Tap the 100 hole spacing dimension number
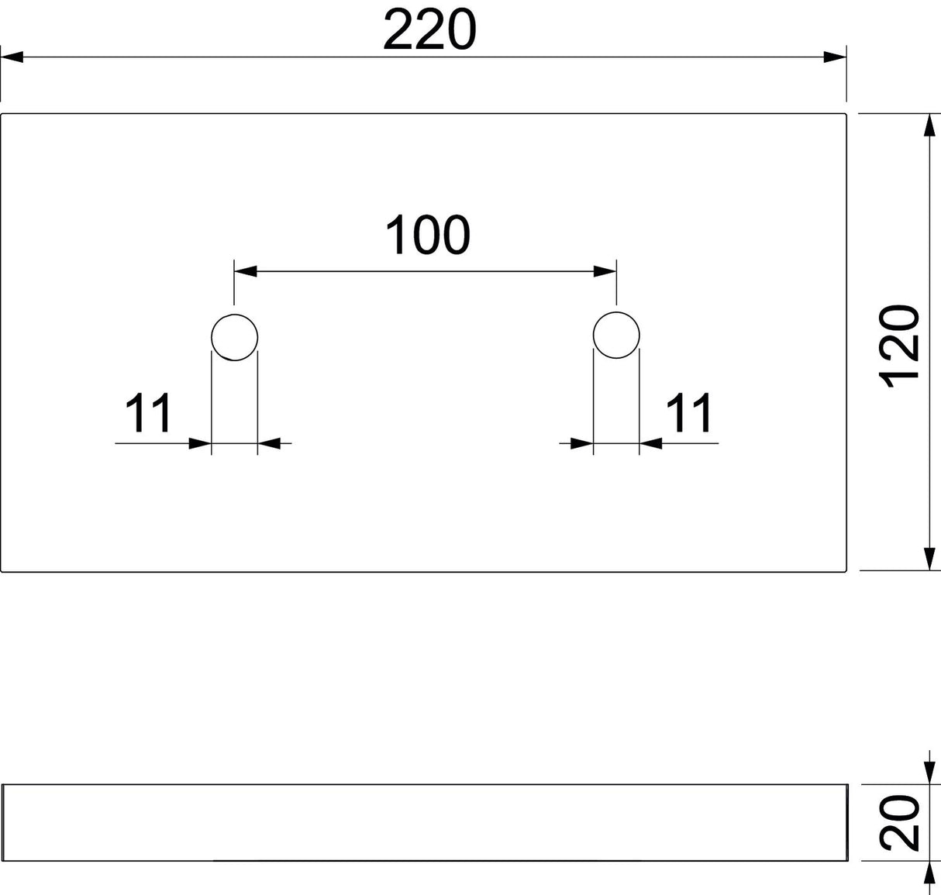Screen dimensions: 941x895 (427, 236)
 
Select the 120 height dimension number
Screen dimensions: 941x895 (900, 346)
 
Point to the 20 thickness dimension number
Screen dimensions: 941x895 (900, 823)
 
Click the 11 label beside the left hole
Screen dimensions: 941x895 (148, 412)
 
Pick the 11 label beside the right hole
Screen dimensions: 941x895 (689, 412)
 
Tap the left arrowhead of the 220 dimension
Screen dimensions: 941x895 (12, 57)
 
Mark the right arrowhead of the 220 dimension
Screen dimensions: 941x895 (835, 57)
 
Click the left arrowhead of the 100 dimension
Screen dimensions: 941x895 (246, 271)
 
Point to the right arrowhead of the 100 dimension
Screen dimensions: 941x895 (605, 271)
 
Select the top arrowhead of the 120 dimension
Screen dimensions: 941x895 (929, 126)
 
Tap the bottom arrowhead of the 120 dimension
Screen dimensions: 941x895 (929, 559)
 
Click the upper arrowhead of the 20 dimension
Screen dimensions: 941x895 (929, 773)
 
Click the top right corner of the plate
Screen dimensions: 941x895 (846, 114)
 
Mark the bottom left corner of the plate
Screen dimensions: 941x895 (1, 571)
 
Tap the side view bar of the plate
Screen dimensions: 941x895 (425, 822)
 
